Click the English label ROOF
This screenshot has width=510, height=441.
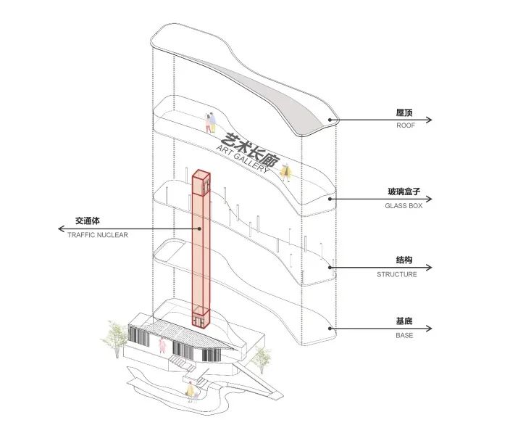point(406,125)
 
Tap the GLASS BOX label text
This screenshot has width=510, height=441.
point(404,206)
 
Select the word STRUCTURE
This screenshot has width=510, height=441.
point(397,275)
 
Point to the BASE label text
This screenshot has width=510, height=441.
point(404,336)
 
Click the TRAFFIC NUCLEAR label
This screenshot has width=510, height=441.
point(98,235)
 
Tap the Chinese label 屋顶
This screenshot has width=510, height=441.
point(404,112)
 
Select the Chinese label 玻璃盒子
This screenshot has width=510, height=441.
point(404,191)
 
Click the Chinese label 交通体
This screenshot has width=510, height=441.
point(88,220)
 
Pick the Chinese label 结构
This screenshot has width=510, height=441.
point(404,260)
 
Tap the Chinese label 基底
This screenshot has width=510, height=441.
point(404,321)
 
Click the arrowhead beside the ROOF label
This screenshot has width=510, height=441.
point(429,120)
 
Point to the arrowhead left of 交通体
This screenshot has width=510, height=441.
point(61,229)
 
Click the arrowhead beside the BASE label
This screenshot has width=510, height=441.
point(429,329)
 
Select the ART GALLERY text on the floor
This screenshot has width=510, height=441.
point(243,160)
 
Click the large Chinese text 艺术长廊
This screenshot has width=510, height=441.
point(250,150)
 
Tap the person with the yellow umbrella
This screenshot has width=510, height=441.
point(285,173)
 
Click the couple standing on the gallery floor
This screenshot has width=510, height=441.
point(210,123)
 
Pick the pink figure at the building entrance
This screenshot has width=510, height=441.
point(162,345)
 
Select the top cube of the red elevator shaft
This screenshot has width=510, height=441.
point(201,184)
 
